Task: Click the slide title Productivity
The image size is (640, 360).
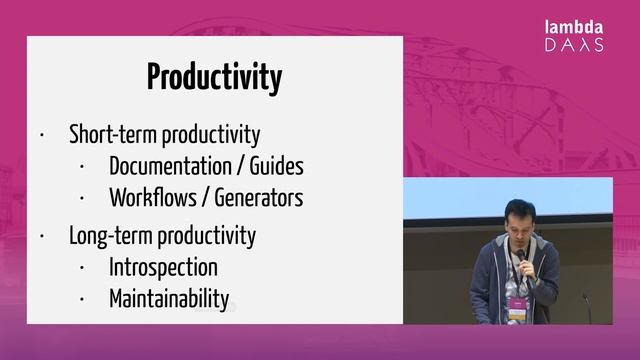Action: point(214,77)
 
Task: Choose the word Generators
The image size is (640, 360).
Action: point(256,198)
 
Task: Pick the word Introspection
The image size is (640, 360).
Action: point(163,267)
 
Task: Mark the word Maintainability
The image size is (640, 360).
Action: point(169,298)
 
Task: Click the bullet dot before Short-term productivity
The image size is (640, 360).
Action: point(42,135)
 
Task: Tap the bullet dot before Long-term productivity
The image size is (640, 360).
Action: point(42,237)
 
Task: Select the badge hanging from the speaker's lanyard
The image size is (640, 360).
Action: point(516,307)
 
